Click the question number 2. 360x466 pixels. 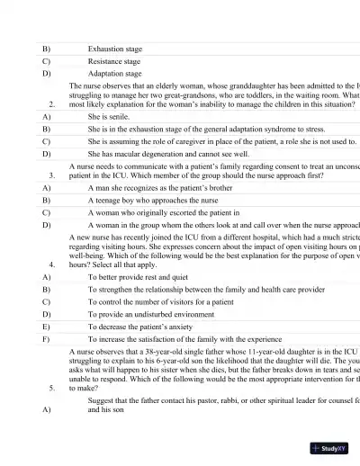click(x=52, y=104)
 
